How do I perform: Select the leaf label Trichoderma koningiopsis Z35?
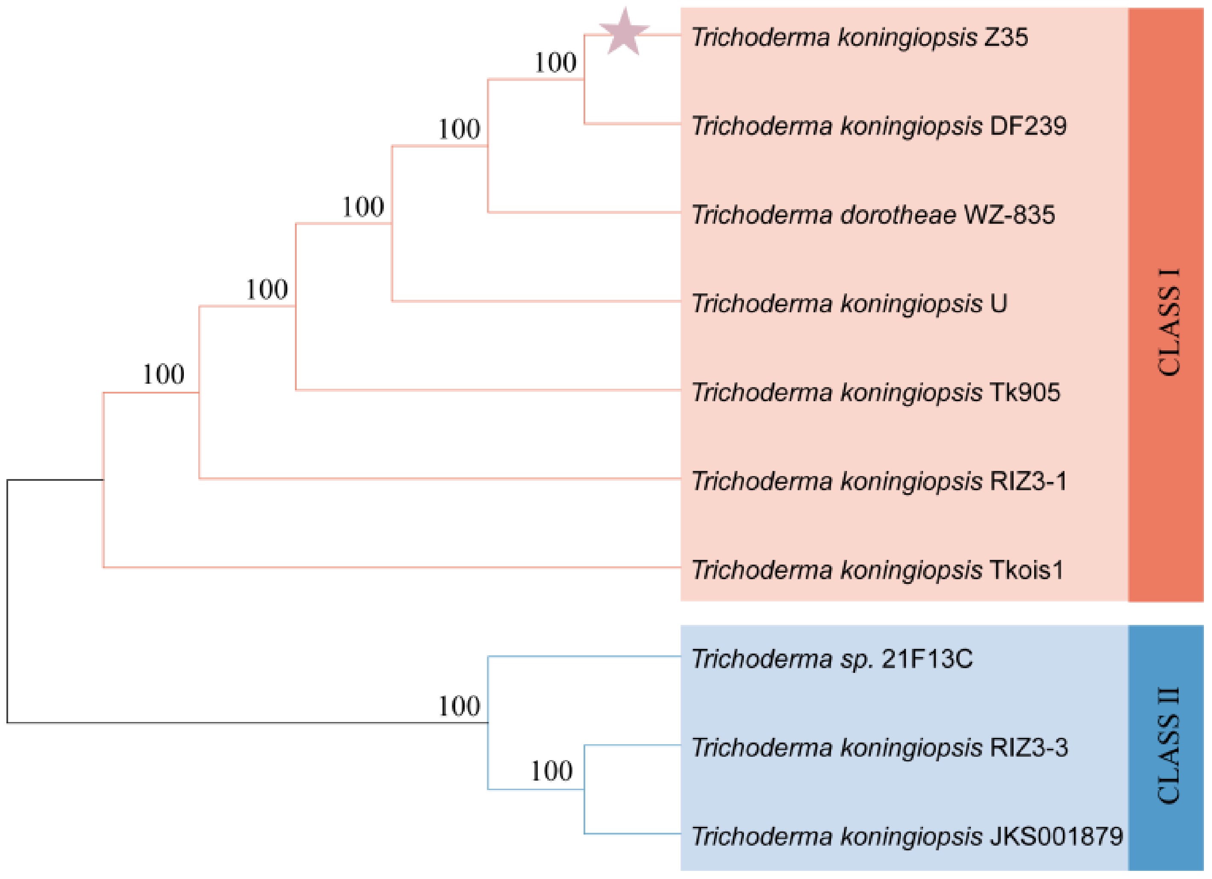(x=859, y=38)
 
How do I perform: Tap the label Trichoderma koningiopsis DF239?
(x=879, y=126)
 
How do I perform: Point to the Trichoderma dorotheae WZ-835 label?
(x=873, y=215)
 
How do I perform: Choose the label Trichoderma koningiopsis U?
(x=849, y=304)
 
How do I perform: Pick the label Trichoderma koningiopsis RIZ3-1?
(x=879, y=481)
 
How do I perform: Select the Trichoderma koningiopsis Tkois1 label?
(x=877, y=570)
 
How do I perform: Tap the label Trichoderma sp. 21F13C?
(x=832, y=659)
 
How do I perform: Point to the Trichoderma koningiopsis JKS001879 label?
(x=907, y=836)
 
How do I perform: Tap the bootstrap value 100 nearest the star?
(x=555, y=62)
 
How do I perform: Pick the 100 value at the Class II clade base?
(x=459, y=706)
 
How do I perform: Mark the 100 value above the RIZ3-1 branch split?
(x=163, y=374)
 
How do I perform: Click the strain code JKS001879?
(x=1056, y=836)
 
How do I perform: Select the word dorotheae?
(x=898, y=215)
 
